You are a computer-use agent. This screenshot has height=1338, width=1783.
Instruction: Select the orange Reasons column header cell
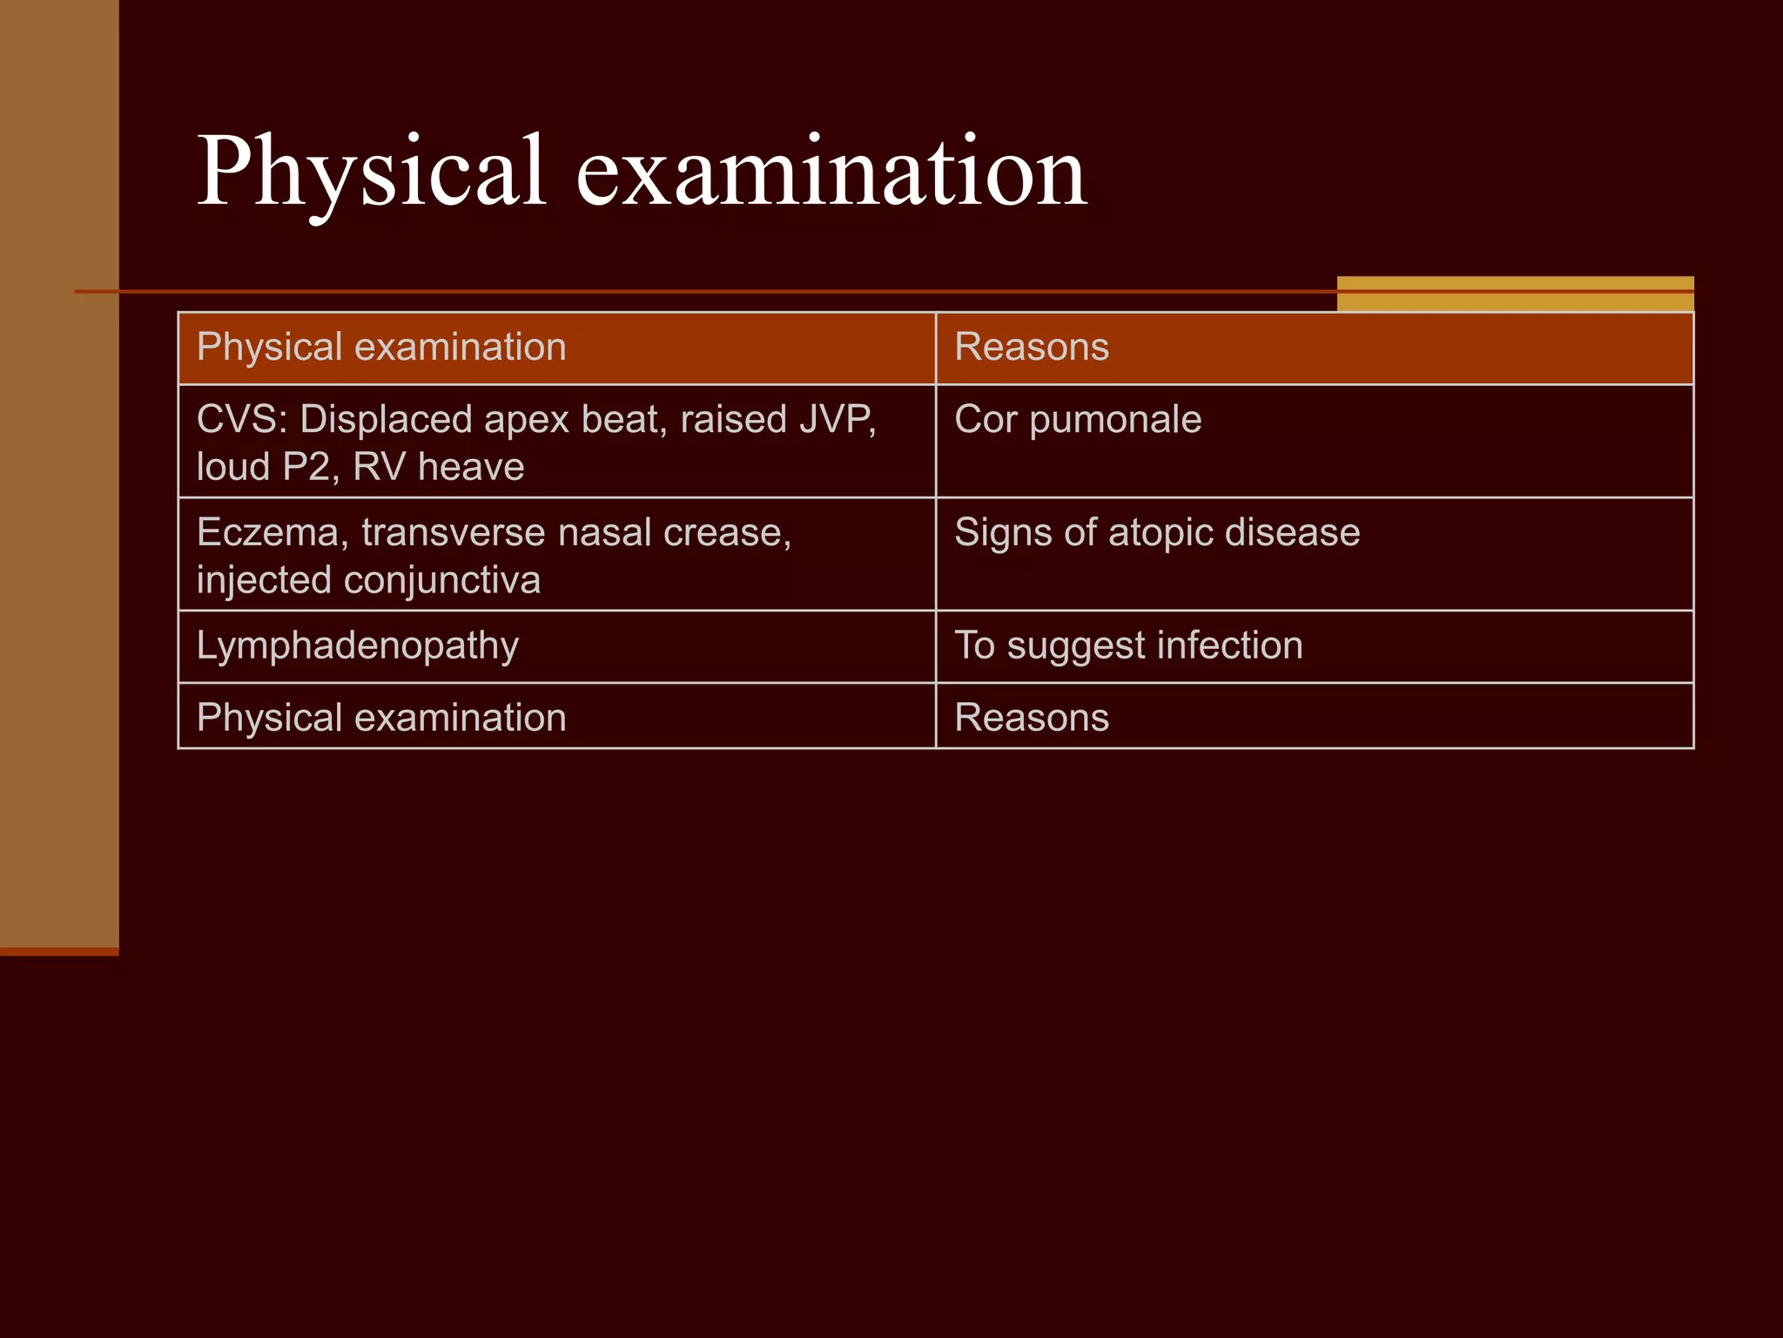[1314, 348]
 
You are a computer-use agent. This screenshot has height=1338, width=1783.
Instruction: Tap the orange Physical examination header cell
[556, 348]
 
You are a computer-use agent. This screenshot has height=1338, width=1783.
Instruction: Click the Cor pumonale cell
[1314, 441]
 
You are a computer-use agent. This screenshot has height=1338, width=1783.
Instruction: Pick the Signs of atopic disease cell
[1314, 554]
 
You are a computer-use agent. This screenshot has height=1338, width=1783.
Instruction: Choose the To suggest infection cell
[1314, 646]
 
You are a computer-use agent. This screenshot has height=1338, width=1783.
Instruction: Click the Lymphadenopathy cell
[556, 646]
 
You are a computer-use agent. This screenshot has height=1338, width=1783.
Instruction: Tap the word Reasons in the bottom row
[1032, 718]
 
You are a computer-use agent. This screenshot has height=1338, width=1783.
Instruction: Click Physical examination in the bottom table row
[381, 718]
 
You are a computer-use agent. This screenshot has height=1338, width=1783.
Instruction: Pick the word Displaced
[386, 420]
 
